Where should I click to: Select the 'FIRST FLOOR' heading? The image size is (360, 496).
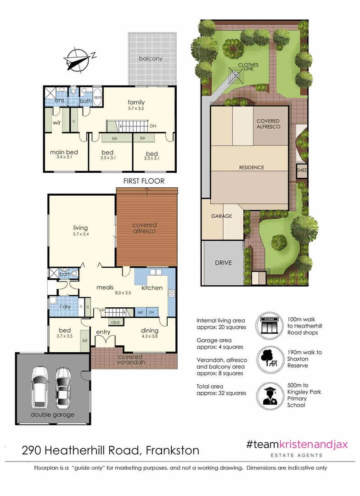[143, 181]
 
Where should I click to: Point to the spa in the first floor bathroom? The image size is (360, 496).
[97, 97]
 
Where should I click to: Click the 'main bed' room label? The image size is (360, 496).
[64, 152]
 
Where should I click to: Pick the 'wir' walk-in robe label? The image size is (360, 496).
[57, 123]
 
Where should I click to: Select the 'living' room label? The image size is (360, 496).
[80, 227]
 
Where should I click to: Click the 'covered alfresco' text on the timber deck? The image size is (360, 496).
[145, 228]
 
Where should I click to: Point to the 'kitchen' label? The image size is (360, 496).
[152, 288]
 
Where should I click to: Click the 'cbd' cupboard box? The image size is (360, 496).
[116, 322]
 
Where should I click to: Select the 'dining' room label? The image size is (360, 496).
[150, 330]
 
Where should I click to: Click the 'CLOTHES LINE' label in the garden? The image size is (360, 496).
[248, 68]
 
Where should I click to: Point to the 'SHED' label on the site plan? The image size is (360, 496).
[302, 170]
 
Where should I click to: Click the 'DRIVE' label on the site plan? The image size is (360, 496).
[223, 263]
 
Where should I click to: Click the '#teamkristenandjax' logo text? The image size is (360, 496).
[297, 445]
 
